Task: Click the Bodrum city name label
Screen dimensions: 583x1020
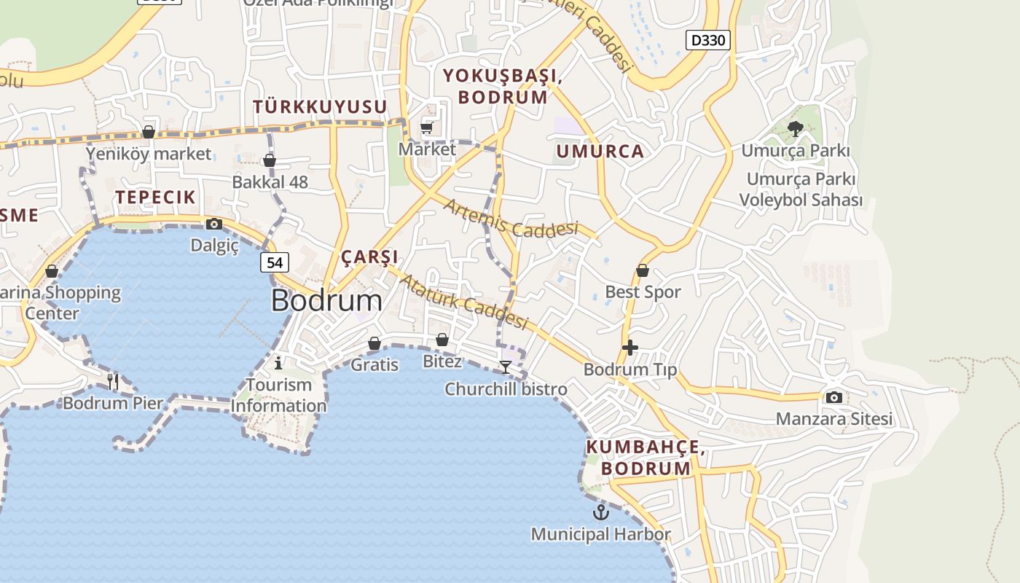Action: pos(326,301)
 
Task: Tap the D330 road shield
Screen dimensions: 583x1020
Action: pos(707,40)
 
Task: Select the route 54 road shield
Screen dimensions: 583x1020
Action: pos(275,262)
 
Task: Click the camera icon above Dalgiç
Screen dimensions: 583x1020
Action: pos(214,224)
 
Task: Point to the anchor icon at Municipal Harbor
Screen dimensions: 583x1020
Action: pos(600,512)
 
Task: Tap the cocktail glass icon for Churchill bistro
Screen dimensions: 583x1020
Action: pos(506,367)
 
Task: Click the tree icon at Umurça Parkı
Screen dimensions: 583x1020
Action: pos(796,129)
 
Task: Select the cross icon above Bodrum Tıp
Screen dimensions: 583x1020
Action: pos(630,348)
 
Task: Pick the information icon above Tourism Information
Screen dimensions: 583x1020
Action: pos(278,362)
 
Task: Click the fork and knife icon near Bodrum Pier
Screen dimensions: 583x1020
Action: pos(113,380)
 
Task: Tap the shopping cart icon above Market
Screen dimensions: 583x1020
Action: pos(427,128)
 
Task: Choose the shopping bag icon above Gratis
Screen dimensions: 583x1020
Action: pos(374,343)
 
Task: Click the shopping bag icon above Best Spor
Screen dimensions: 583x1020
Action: pos(643,270)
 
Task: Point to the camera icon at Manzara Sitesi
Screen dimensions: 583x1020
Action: pos(834,397)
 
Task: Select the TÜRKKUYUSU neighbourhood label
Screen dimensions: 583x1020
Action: pos(320,106)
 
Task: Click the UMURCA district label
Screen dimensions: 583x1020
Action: pos(600,152)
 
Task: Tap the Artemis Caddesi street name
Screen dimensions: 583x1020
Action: pos(510,219)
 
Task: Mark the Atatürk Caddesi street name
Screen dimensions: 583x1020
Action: pos(463,302)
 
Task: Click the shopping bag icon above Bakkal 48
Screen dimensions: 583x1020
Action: pos(270,160)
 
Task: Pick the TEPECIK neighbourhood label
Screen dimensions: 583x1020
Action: pos(155,197)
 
